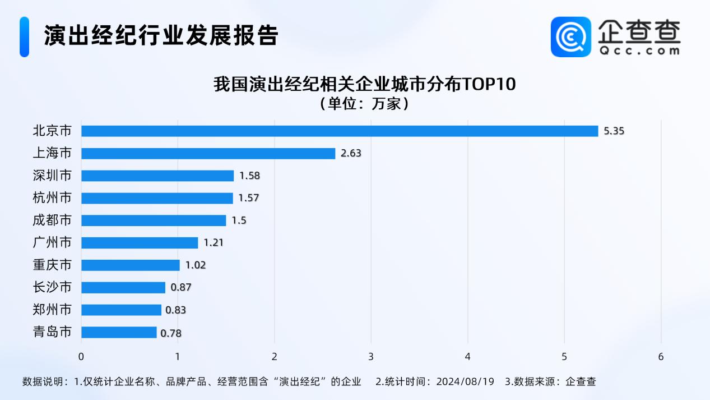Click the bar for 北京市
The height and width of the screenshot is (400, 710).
[340, 131]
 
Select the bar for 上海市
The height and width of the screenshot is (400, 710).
[208, 153]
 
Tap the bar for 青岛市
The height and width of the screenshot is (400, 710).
[119, 333]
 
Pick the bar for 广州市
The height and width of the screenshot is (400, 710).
[140, 243]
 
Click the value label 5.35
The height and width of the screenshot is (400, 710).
[614, 131]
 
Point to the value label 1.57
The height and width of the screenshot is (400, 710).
[249, 198]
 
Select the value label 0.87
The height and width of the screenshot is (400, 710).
[181, 288]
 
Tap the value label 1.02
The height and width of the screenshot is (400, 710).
[196, 265]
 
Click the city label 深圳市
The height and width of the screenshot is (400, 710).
[52, 176]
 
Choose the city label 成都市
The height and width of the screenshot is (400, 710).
[52, 220]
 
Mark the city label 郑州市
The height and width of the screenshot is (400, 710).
[52, 310]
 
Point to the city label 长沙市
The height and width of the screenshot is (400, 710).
[52, 287]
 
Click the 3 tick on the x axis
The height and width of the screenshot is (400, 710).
[371, 357]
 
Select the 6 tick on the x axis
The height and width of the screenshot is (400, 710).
[661, 357]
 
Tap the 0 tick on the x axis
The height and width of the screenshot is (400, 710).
[81, 357]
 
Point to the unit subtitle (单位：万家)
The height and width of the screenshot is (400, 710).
[363, 104]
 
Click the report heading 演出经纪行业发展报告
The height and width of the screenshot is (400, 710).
[161, 35]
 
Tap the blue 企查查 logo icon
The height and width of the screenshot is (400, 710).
[571, 36]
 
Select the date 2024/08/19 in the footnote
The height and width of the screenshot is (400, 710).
[465, 381]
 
